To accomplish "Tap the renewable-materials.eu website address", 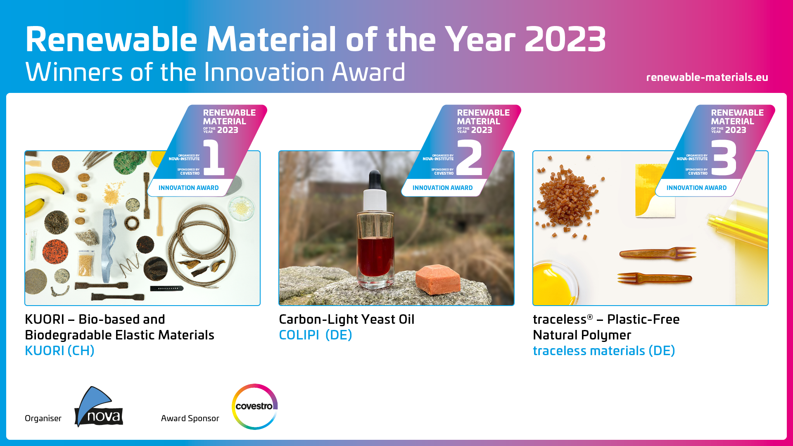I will (x=707, y=77).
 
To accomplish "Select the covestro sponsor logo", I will (x=254, y=406).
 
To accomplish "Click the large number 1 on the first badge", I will (x=214, y=158).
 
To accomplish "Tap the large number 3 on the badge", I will (x=724, y=158).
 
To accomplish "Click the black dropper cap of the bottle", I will (x=375, y=180).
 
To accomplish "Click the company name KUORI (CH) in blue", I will (x=59, y=351).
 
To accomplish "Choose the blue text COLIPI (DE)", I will (x=315, y=335).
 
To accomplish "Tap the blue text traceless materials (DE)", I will (x=603, y=351).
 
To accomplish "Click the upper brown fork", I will (x=658, y=253).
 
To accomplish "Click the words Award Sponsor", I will (x=190, y=418).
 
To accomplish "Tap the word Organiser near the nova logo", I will (x=43, y=418).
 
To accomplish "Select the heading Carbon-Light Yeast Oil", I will (x=346, y=319).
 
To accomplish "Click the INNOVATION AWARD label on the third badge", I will (x=696, y=188).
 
